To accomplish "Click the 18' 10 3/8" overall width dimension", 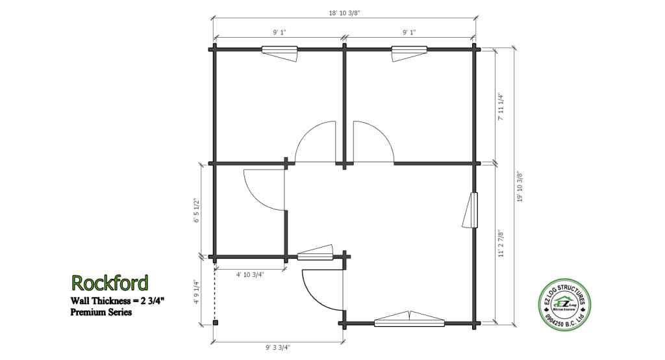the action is [344, 13].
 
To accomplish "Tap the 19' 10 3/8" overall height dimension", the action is [520, 186].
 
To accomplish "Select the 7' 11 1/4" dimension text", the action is [501, 107].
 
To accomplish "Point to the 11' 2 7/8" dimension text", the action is [501, 243].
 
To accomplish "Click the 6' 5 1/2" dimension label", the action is [196, 210].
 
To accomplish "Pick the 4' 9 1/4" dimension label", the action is [196, 291].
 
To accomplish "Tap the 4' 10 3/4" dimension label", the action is [250, 274].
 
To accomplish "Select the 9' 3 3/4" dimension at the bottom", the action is [278, 347].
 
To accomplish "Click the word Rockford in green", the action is [110, 283].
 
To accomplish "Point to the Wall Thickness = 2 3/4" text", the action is [118, 301].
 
